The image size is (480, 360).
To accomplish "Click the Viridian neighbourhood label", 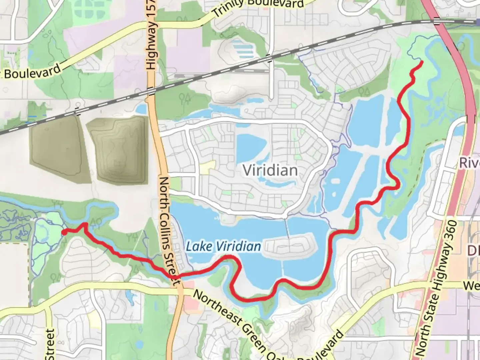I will click(270, 170).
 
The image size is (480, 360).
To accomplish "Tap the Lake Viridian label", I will click(223, 247).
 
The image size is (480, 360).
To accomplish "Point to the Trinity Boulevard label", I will click(258, 7).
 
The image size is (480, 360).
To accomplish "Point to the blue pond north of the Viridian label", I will click(251, 147).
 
